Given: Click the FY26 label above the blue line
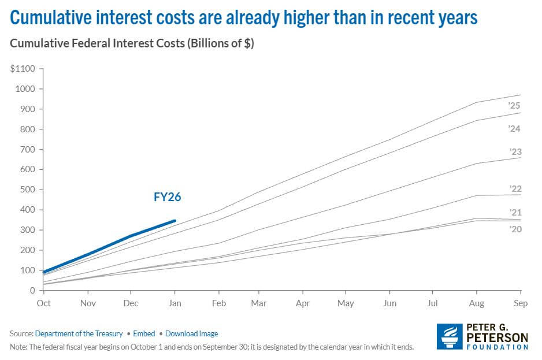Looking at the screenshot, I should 168,196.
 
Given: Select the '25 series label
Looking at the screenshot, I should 515,106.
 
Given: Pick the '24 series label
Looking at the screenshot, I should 515,129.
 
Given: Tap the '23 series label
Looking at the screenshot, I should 515,151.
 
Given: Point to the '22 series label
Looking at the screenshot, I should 515,189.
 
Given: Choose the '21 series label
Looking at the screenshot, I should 515,213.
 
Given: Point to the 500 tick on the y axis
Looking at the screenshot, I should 27,190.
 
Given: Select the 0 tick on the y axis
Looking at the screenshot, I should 32,290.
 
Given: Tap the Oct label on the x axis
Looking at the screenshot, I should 43,302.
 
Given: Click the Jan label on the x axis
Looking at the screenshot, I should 175,302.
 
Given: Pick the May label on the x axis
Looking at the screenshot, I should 346,302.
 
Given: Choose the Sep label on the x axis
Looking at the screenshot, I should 521,302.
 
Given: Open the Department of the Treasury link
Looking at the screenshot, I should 79,333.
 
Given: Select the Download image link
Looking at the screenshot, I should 191,333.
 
